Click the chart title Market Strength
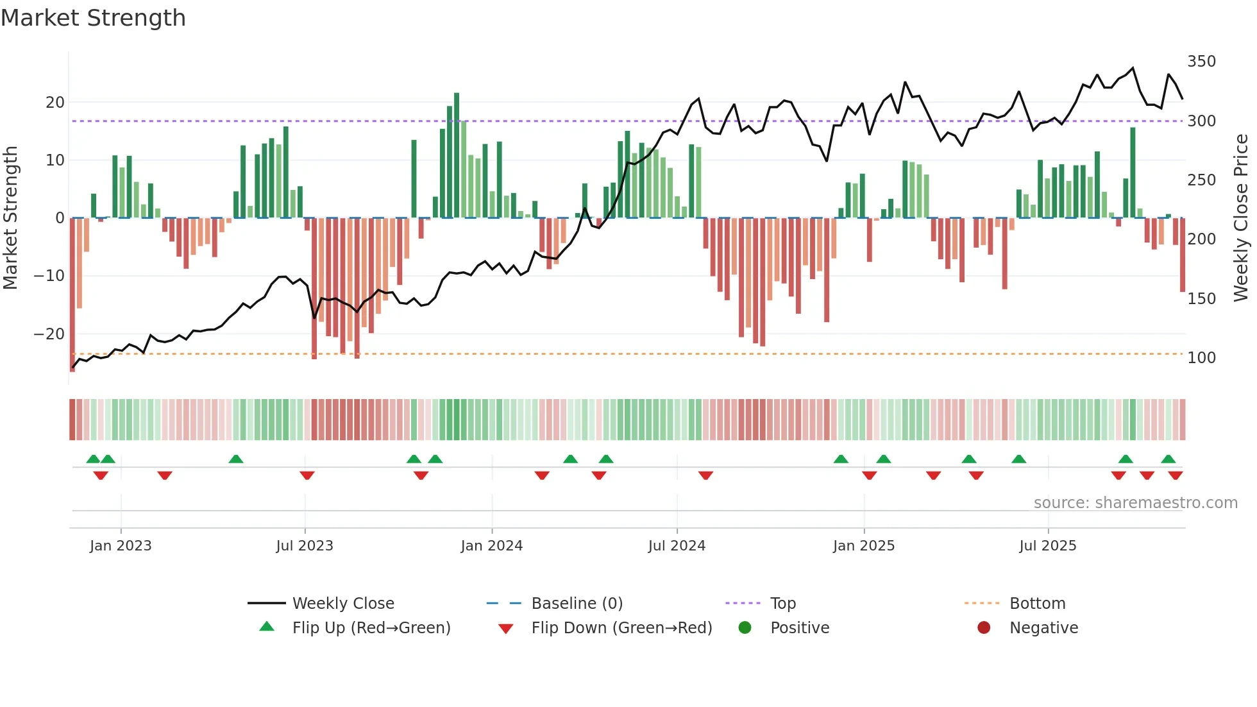(94, 18)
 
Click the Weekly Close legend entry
(342, 603)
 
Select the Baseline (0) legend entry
(577, 603)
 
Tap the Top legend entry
(782, 603)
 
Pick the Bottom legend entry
(1037, 603)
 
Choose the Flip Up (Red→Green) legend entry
(371, 627)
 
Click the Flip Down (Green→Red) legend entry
(621, 627)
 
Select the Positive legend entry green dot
(745, 627)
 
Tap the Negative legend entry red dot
(984, 627)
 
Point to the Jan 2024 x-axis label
(491, 546)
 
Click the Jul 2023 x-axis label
(305, 546)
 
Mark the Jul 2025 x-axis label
(1047, 546)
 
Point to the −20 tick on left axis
(49, 334)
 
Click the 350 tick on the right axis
(1201, 62)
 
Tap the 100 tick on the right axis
(1201, 358)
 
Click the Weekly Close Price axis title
(1242, 218)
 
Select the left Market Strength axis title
(10, 218)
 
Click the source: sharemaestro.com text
(1135, 503)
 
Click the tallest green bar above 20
(457, 154)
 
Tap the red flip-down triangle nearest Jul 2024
(705, 475)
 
